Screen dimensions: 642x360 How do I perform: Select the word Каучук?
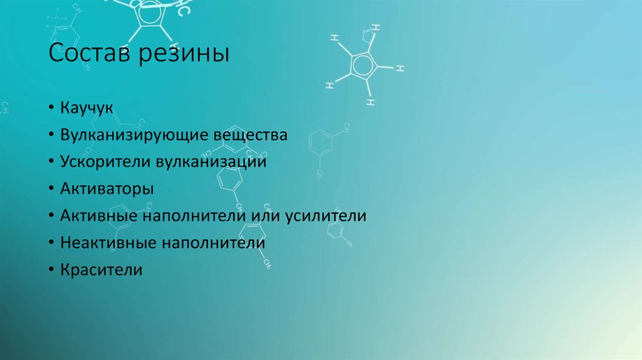pyautogui.click(x=87, y=109)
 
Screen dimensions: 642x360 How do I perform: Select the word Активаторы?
pyautogui.click(x=107, y=189)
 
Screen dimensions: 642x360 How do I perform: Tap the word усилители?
pyautogui.click(x=326, y=216)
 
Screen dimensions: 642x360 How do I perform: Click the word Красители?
pyautogui.click(x=101, y=270)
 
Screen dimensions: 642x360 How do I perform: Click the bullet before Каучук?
pyautogui.click(x=51, y=108)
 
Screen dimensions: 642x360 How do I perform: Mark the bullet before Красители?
pyautogui.click(x=51, y=270)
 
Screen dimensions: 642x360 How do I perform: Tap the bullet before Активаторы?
pyautogui.click(x=51, y=188)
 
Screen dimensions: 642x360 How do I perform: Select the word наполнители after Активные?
pyautogui.click(x=194, y=216)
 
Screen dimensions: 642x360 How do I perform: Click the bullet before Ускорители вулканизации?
pyautogui.click(x=51, y=161)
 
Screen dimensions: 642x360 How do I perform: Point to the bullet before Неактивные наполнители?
pyautogui.click(x=51, y=243)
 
